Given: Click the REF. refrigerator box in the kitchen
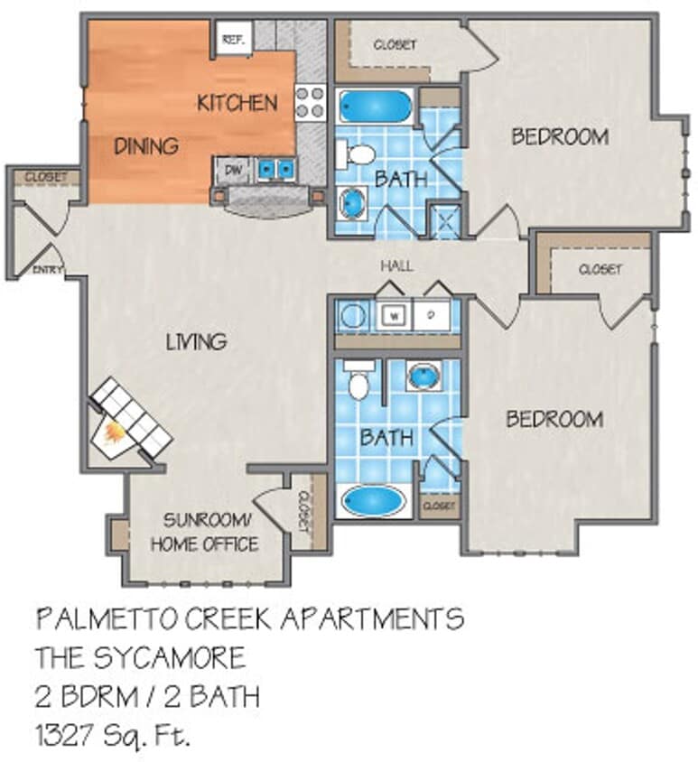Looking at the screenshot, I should [x=232, y=39].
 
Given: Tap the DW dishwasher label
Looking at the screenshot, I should [x=232, y=169].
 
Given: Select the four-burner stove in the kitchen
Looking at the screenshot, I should [x=310, y=102].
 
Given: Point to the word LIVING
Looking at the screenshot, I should [x=196, y=341].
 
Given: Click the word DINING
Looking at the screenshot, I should [x=145, y=145].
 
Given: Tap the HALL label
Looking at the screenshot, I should [x=396, y=266].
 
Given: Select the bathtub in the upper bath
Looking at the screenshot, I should [x=375, y=107].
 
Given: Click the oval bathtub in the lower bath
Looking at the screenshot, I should [x=374, y=499].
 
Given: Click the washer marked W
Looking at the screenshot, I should [x=395, y=316].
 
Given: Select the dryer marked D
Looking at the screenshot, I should [x=431, y=316].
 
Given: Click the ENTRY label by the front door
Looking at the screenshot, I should [x=44, y=269].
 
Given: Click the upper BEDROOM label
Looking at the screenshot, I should [x=559, y=137].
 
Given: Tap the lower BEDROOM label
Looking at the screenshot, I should [x=554, y=419].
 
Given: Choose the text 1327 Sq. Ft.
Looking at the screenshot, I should [x=113, y=735].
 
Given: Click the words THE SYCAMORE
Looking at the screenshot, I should [x=140, y=657].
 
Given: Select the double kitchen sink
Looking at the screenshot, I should [x=275, y=169].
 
